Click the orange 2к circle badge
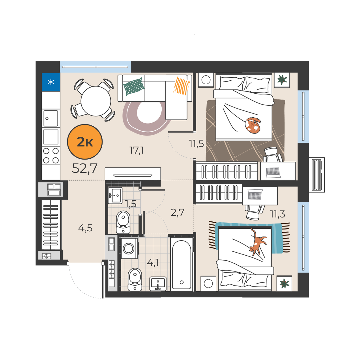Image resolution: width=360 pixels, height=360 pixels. pyautogui.click(x=85, y=142)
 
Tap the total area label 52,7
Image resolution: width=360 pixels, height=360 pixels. pyautogui.click(x=85, y=168)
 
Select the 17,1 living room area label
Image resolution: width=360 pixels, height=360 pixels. pyautogui.click(x=136, y=150)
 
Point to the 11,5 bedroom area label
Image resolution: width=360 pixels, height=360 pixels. pyautogui.click(x=196, y=143)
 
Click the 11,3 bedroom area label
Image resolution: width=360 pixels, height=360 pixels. pyautogui.click(x=278, y=214)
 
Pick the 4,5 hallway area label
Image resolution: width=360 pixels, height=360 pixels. pyautogui.click(x=85, y=228)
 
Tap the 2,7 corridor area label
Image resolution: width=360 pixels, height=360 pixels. pyautogui.click(x=178, y=212)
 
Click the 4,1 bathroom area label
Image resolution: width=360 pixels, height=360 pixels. pyautogui.click(x=153, y=263)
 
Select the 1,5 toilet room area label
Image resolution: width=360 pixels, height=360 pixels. pyautogui.click(x=130, y=204)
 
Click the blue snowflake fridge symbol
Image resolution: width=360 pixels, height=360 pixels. pyautogui.click(x=51, y=82)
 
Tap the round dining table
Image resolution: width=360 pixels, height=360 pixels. pyautogui.click(x=96, y=101)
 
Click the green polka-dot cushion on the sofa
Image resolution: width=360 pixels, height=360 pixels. pyautogui.click(x=134, y=87)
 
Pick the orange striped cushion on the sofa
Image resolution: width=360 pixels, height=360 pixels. pyautogui.click(x=181, y=85)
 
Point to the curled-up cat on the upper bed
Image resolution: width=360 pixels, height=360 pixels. pyautogui.click(x=253, y=125)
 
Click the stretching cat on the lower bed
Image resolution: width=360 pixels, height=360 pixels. pyautogui.click(x=257, y=241)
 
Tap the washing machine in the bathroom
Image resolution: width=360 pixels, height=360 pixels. pyautogui.click(x=129, y=248)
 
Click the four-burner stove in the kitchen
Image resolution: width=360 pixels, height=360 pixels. pyautogui.click(x=51, y=156)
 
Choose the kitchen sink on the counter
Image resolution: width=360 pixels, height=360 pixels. pyautogui.click(x=51, y=118)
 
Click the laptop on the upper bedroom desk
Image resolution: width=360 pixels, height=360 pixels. pyautogui.click(x=273, y=173)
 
